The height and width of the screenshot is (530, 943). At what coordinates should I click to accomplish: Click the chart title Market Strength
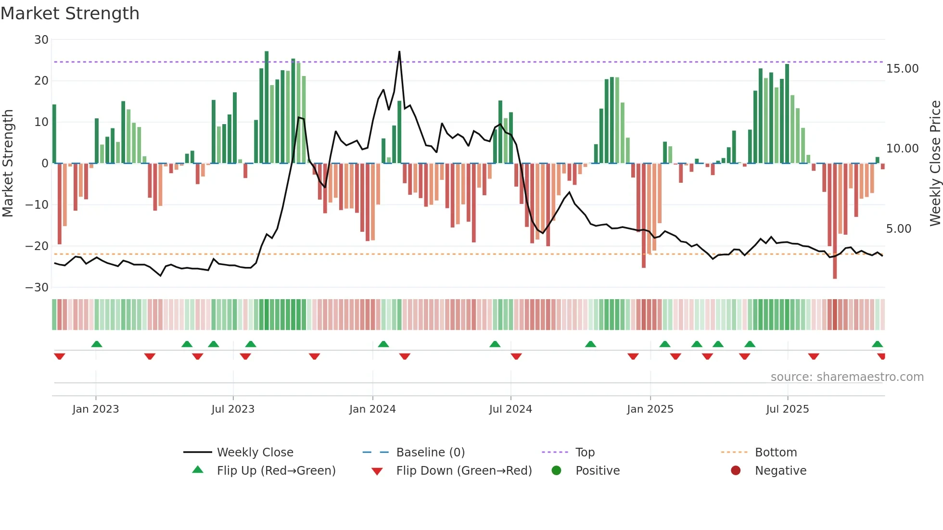(70, 13)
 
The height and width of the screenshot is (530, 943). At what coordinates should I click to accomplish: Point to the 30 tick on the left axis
(41, 40)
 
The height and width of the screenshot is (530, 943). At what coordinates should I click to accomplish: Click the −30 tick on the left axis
(37, 288)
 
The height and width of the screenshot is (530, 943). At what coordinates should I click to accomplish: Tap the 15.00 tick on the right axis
(902, 69)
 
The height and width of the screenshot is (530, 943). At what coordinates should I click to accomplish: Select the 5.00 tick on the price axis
(898, 229)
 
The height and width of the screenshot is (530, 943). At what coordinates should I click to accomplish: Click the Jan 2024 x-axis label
(372, 409)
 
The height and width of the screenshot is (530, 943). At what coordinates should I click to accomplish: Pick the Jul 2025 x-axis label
(787, 409)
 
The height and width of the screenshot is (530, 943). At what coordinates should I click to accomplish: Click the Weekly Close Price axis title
(935, 163)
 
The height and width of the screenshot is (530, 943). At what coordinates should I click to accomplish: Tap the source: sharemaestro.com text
(847, 377)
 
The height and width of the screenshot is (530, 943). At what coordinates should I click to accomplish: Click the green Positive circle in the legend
(557, 471)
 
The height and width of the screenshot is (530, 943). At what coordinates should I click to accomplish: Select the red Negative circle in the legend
(736, 471)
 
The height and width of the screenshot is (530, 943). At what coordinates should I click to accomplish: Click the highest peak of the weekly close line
(399, 51)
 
